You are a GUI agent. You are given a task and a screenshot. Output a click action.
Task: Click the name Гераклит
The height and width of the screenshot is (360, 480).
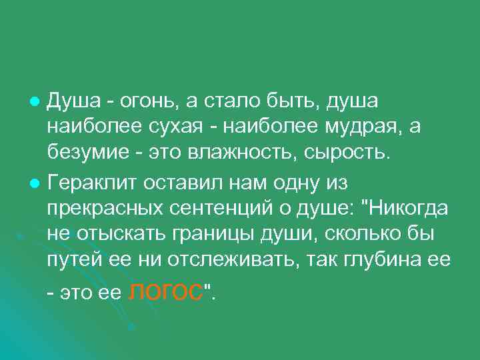[87, 182]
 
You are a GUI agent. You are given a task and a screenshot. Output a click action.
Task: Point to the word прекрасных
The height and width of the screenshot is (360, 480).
[103, 209]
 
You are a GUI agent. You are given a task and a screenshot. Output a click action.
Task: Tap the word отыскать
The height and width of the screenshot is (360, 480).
[109, 235]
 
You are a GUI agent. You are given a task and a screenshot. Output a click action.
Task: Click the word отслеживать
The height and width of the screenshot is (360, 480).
[225, 261]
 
